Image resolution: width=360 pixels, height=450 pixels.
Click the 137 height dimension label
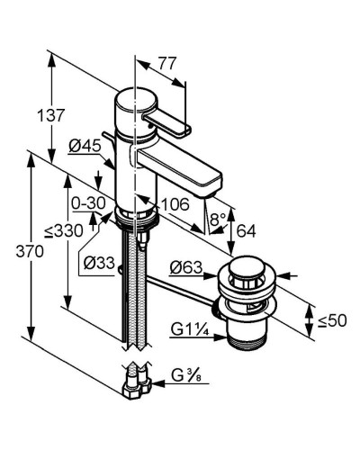coord(51,115)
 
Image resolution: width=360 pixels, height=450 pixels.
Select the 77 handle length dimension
coord(166,64)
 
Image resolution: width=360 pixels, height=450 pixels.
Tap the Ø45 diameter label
coord(85,147)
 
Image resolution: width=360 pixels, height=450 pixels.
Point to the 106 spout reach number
coord(175,204)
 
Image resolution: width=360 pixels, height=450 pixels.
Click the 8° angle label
coord(218,219)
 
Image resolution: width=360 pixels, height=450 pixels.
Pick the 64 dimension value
coord(247,231)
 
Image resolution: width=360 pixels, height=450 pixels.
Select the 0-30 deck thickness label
coord(88,203)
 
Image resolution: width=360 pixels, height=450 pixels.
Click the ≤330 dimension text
coord(63,231)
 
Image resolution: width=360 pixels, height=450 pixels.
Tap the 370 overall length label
coord(30,251)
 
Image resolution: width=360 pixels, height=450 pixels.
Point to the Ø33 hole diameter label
coord(99,263)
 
